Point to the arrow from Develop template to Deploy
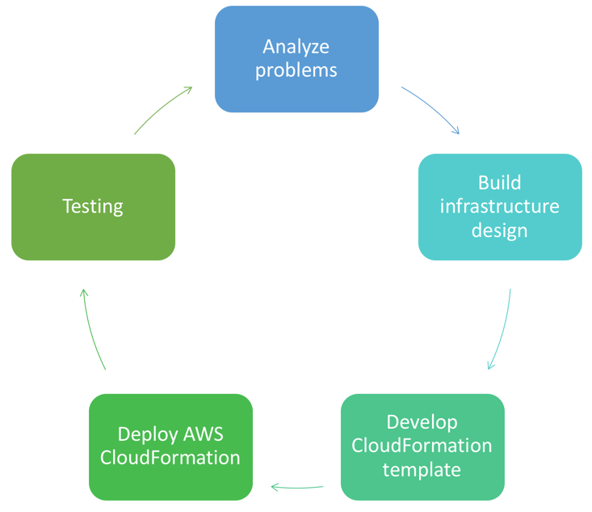[x=296, y=487]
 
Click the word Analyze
[x=296, y=45]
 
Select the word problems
[x=296, y=70]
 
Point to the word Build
[x=500, y=182]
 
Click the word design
[x=500, y=231]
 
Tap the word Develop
[x=422, y=421]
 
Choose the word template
[x=422, y=470]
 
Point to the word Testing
[x=93, y=206]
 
